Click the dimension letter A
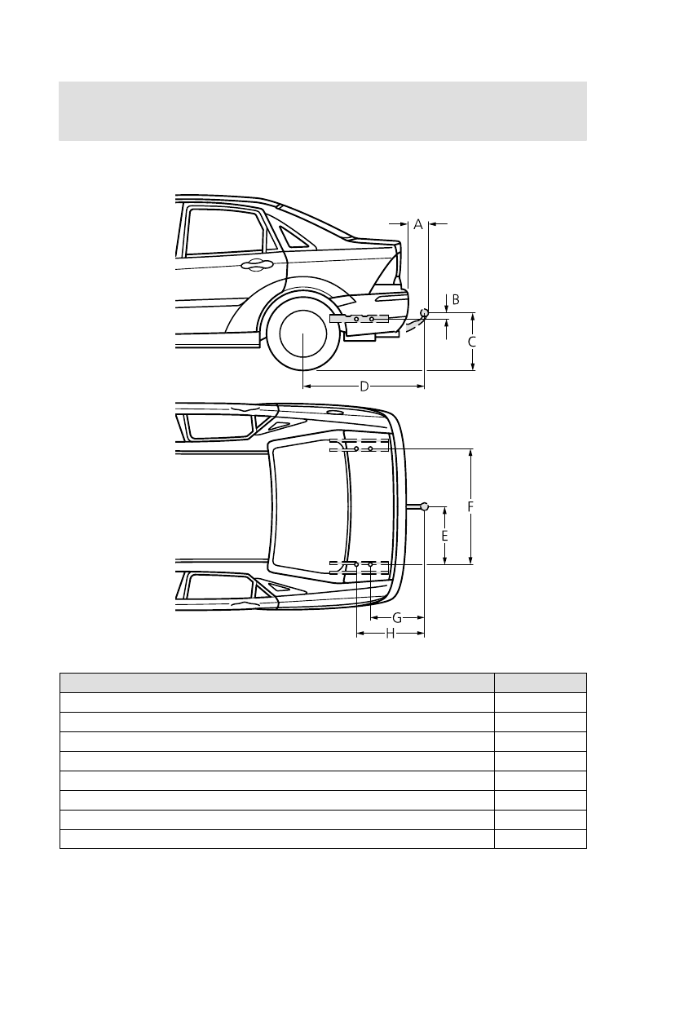417,224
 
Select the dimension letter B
456,299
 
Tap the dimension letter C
472,342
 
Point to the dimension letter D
364,386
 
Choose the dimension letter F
470,506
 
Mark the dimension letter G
396,617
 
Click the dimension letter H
390,633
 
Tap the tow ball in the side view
424,313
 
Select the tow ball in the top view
424,506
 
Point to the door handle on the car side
257,263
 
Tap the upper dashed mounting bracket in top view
359,445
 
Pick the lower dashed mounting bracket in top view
359,567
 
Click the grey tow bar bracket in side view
359,318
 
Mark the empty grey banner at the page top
323,111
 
